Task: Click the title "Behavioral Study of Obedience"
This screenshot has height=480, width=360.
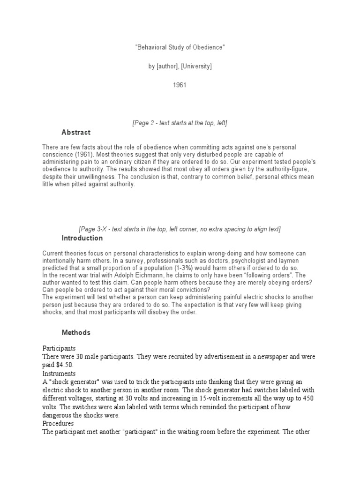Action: coord(180,48)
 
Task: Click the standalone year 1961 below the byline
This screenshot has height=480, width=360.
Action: coord(180,85)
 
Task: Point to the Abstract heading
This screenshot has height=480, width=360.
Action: coord(76,132)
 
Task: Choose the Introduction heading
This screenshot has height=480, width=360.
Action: coord(82,238)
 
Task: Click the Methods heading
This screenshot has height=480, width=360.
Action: coord(76,333)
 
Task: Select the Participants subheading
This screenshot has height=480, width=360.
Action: coord(59,348)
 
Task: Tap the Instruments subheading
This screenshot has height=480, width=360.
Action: coord(59,374)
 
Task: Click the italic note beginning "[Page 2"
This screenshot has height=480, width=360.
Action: coord(180,123)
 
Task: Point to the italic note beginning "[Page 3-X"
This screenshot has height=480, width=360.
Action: coord(180,229)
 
